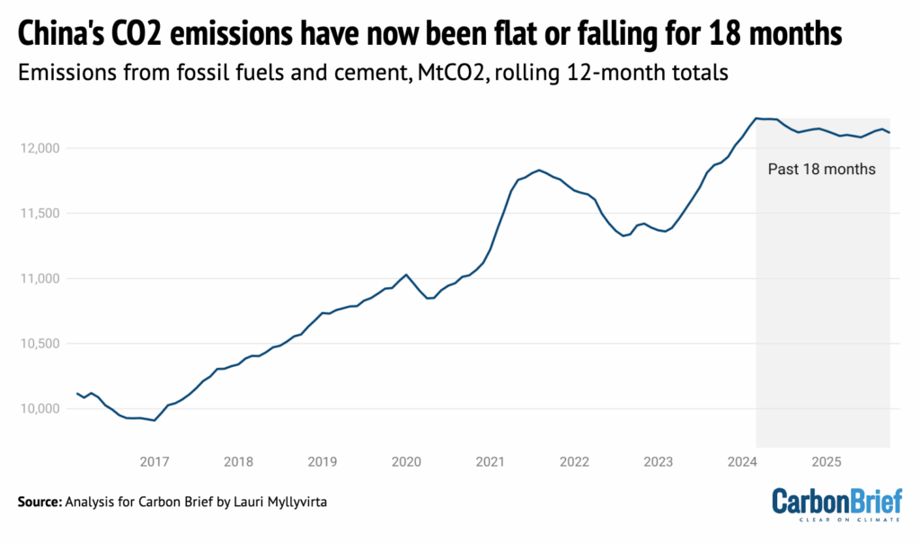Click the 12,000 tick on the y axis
point(40,147)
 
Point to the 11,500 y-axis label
point(40,213)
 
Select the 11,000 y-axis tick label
point(40,278)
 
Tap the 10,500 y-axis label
point(40,344)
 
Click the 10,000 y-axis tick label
point(40,408)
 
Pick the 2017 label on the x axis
point(155,462)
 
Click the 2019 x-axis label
point(323,462)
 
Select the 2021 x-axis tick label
point(491,462)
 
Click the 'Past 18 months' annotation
point(821,169)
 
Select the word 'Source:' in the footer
point(39,502)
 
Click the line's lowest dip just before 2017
point(155,420)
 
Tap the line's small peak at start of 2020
point(406,275)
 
